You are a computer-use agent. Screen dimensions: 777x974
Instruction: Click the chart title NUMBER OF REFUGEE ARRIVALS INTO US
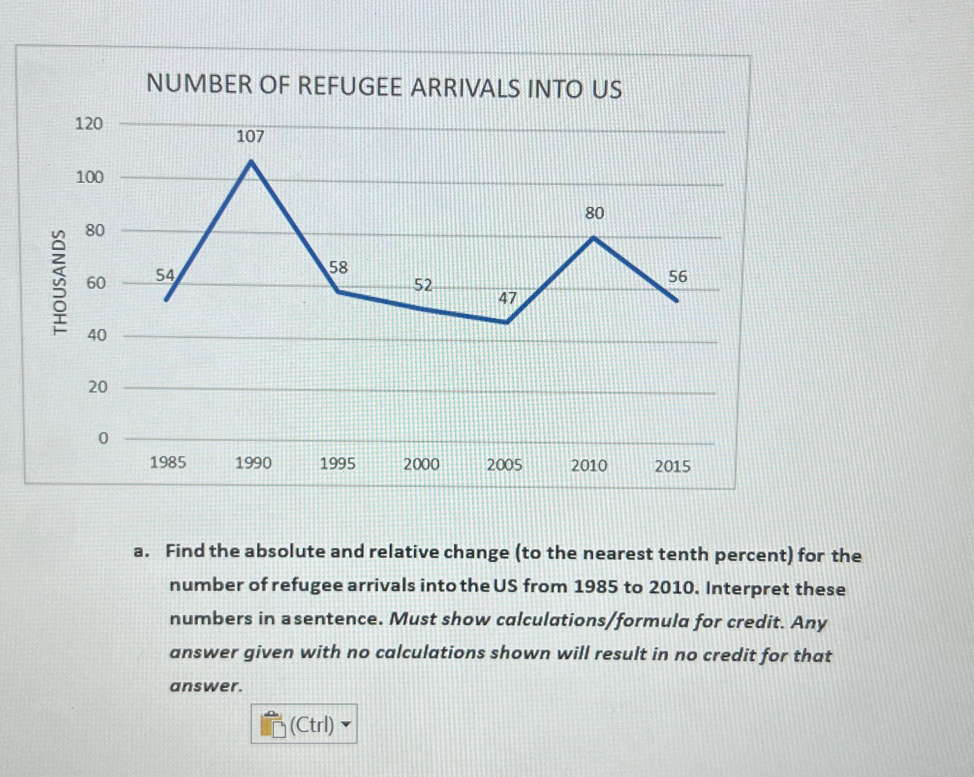[384, 87]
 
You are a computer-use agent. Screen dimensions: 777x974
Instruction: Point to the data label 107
[250, 137]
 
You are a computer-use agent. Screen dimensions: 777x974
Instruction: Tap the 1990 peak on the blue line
[251, 162]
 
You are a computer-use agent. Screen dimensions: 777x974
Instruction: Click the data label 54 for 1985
[165, 275]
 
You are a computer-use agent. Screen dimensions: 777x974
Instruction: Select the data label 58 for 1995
[338, 267]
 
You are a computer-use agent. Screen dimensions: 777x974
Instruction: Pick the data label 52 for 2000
[423, 285]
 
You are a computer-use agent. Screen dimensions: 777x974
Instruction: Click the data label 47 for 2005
[507, 298]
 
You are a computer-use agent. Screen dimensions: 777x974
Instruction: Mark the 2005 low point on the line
[506, 322]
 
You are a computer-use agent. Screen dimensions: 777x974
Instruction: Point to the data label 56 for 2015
[678, 277]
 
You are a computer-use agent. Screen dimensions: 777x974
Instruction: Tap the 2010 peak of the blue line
[593, 238]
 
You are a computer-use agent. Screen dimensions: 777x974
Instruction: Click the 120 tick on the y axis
[89, 124]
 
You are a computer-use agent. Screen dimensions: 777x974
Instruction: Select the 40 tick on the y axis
[96, 335]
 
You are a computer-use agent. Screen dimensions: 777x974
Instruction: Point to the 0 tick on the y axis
[103, 439]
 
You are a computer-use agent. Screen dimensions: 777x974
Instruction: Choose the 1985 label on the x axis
[168, 463]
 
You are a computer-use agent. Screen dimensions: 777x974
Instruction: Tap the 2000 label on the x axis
[421, 465]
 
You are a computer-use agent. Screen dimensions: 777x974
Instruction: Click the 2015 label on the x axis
[672, 467]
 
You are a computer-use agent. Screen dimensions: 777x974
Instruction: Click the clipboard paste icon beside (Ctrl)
[273, 725]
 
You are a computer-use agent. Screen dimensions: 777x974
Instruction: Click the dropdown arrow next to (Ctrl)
[345, 725]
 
